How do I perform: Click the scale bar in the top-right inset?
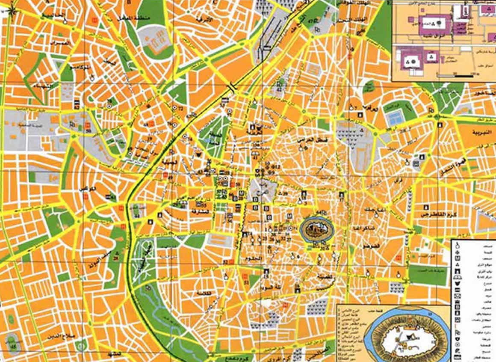(455, 76)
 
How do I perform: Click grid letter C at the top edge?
(216, 2)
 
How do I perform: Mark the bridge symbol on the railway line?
(231, 87)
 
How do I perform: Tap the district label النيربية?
(480, 132)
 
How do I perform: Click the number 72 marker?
(180, 109)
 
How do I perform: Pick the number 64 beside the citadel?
(318, 212)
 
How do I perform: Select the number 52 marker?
(225, 261)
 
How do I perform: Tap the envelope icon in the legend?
(457, 296)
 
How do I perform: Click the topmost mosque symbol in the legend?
(457, 244)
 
